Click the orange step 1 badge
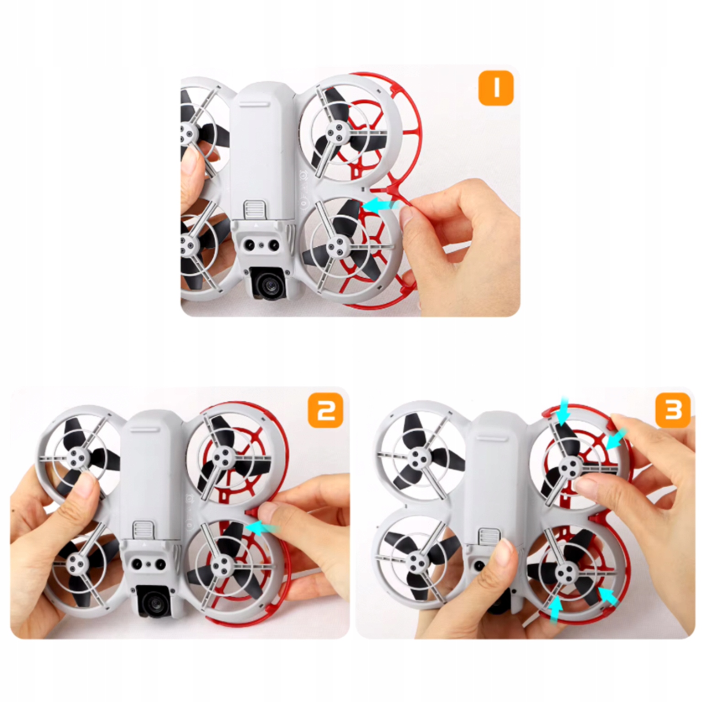(x=496, y=88)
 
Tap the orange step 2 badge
(x=325, y=410)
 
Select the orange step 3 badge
(x=673, y=410)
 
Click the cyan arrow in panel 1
(x=380, y=206)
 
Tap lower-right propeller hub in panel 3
(x=564, y=572)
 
